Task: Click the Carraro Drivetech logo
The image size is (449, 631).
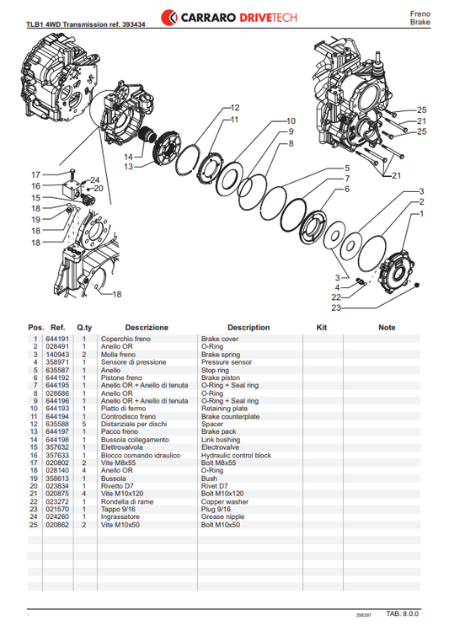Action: (224, 16)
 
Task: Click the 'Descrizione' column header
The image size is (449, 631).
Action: (147, 327)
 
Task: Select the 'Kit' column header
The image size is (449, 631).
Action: (321, 327)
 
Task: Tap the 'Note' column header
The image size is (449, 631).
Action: (387, 327)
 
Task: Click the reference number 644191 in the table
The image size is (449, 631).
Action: (57, 339)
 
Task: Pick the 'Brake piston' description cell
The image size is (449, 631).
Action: (221, 378)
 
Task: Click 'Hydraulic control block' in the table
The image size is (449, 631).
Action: (235, 455)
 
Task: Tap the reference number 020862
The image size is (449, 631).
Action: (57, 524)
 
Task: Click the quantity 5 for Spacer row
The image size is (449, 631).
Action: (84, 424)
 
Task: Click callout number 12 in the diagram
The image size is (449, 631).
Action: (234, 108)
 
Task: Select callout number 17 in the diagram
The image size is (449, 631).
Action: (36, 174)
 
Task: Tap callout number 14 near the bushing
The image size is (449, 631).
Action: (128, 157)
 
